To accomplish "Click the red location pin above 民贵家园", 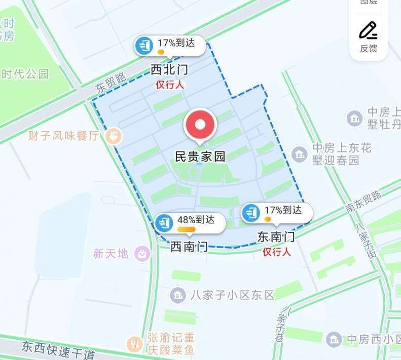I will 200,124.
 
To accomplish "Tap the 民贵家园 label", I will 200,156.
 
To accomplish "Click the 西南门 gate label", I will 189,247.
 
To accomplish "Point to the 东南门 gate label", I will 276,236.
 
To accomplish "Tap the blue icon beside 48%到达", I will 164,223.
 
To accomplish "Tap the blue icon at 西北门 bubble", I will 144,46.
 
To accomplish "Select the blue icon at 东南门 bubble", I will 251,213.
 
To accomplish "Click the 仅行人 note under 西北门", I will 170,85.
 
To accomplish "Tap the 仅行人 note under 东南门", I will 276,252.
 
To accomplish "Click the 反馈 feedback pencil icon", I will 369,30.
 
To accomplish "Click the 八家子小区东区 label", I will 233,295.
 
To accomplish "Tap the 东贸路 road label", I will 111,84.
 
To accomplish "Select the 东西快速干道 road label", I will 58,349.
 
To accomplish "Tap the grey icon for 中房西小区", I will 334,339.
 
